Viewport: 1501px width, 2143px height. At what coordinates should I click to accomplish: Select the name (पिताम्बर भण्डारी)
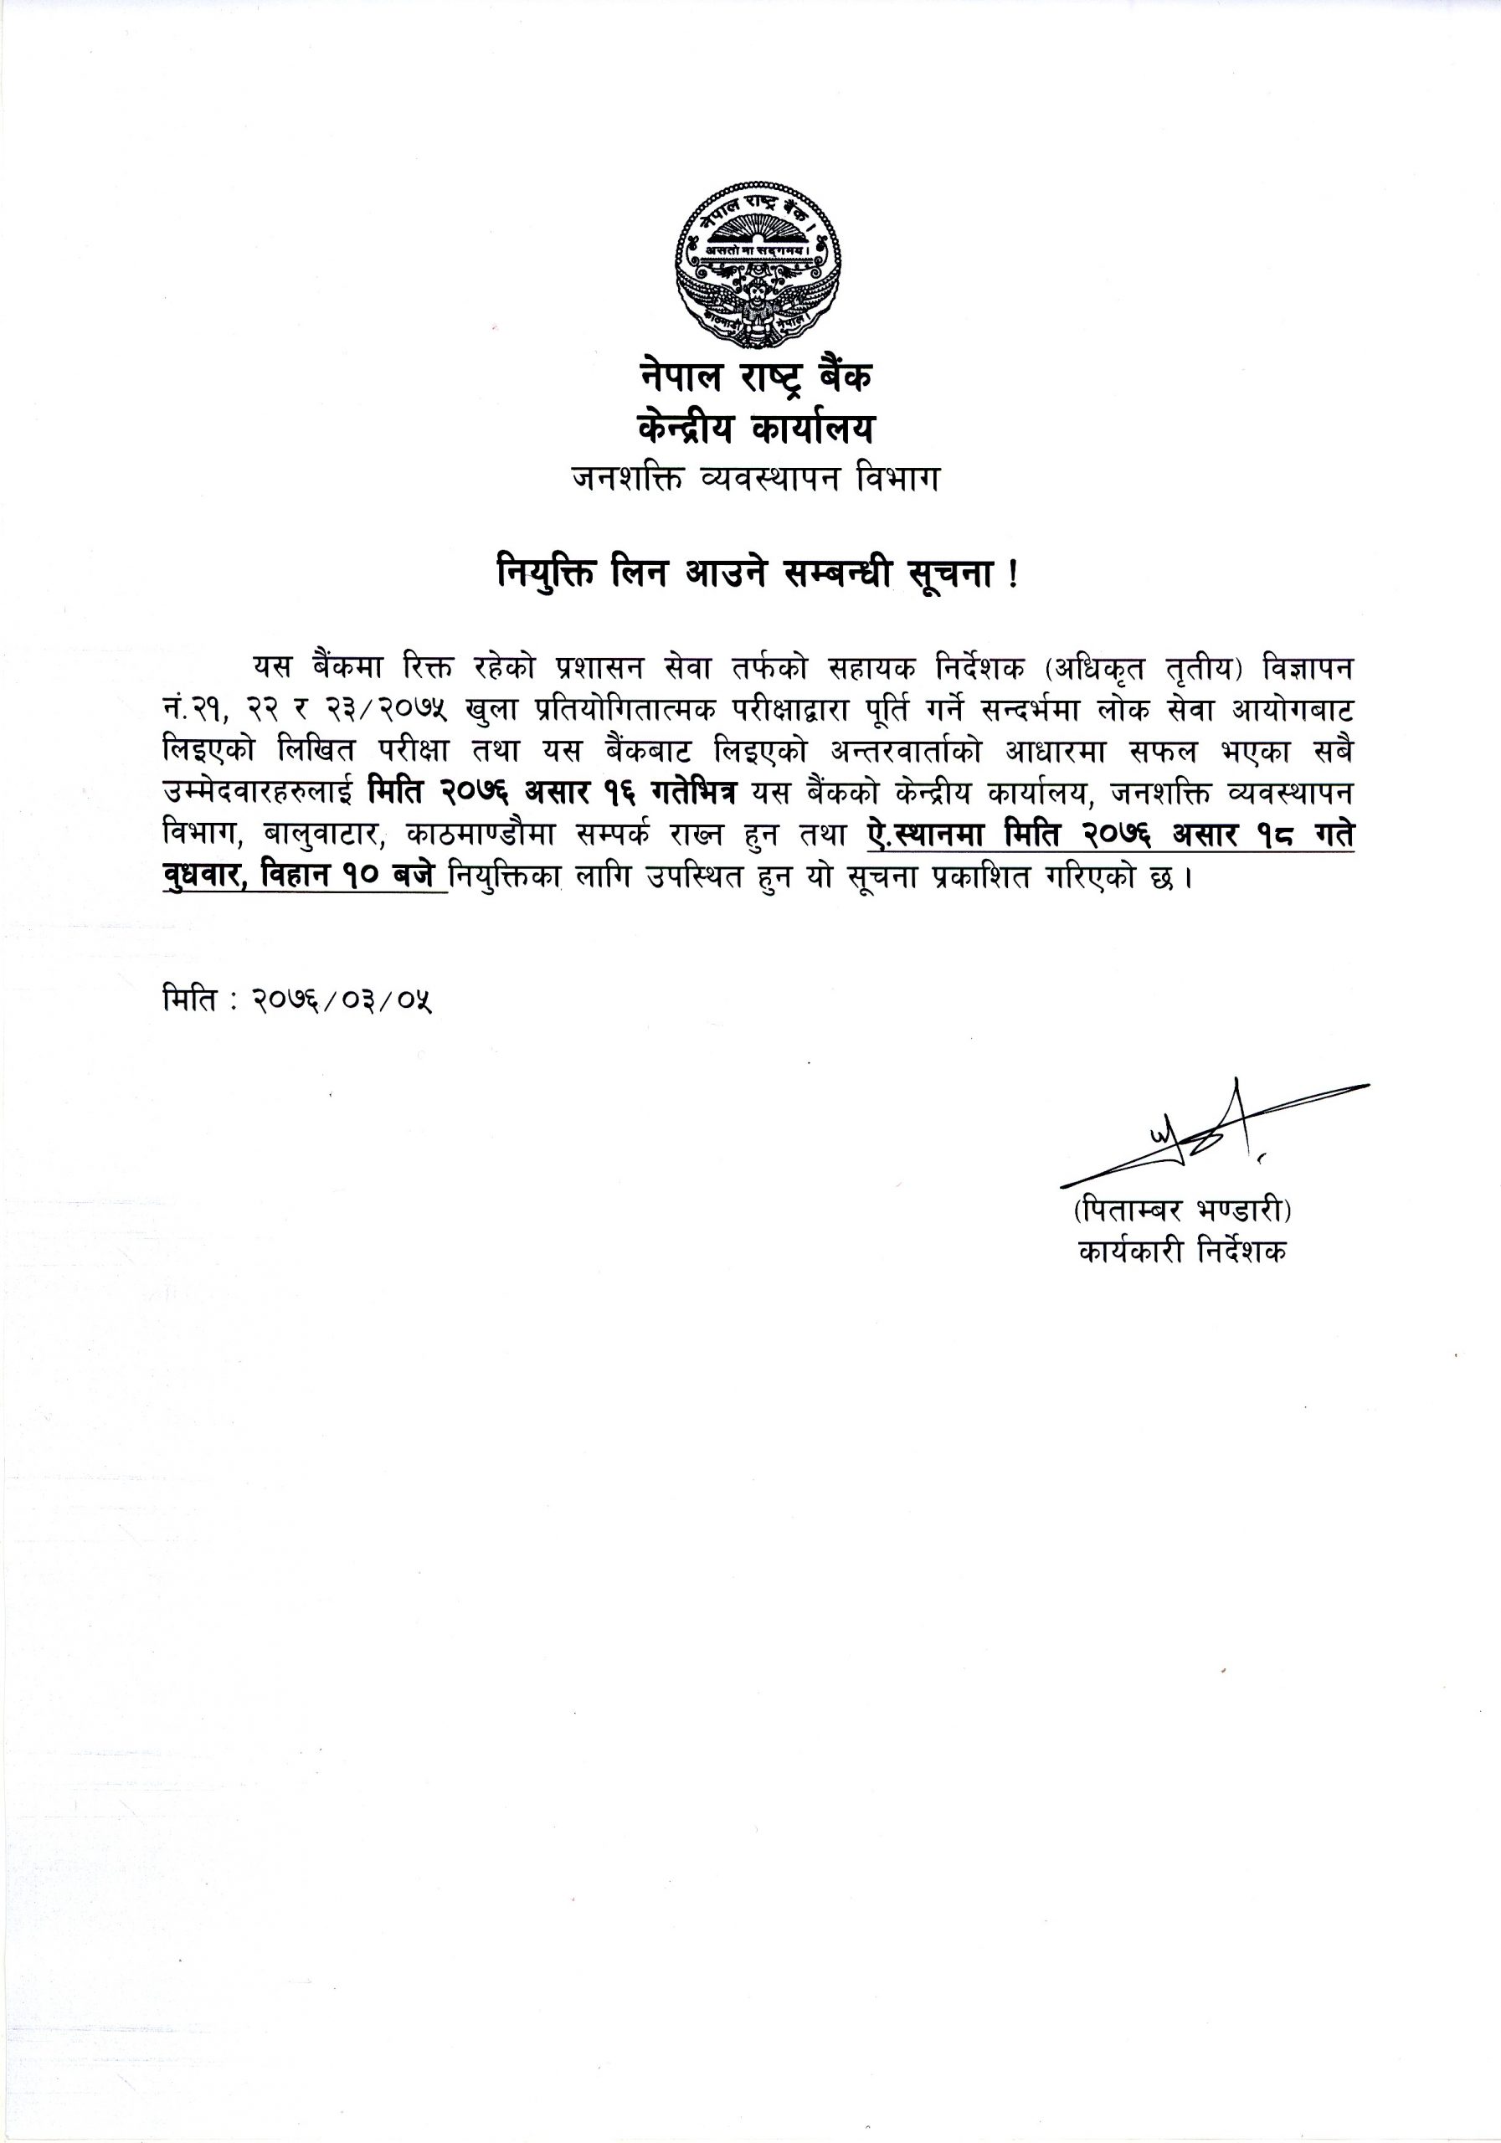[x=1182, y=1211]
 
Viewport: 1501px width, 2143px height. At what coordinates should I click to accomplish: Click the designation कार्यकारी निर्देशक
[x=1182, y=1251]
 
